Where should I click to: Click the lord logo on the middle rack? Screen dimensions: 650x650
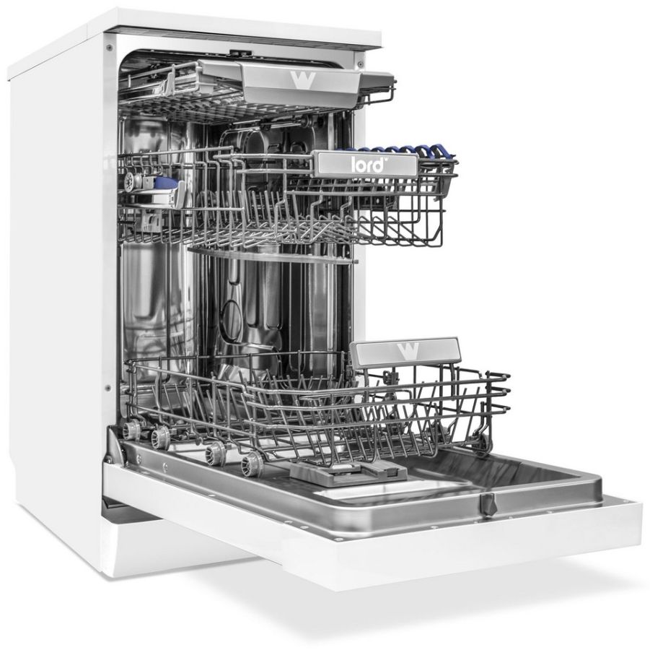pyautogui.click(x=367, y=165)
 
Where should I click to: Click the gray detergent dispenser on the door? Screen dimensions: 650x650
pyautogui.click(x=348, y=473)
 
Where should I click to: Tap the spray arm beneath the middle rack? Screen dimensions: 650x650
pyautogui.click(x=271, y=255)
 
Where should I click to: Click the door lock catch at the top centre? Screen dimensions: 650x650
pyautogui.click(x=240, y=52)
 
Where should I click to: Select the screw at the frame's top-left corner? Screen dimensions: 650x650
pyautogui.click(x=110, y=48)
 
